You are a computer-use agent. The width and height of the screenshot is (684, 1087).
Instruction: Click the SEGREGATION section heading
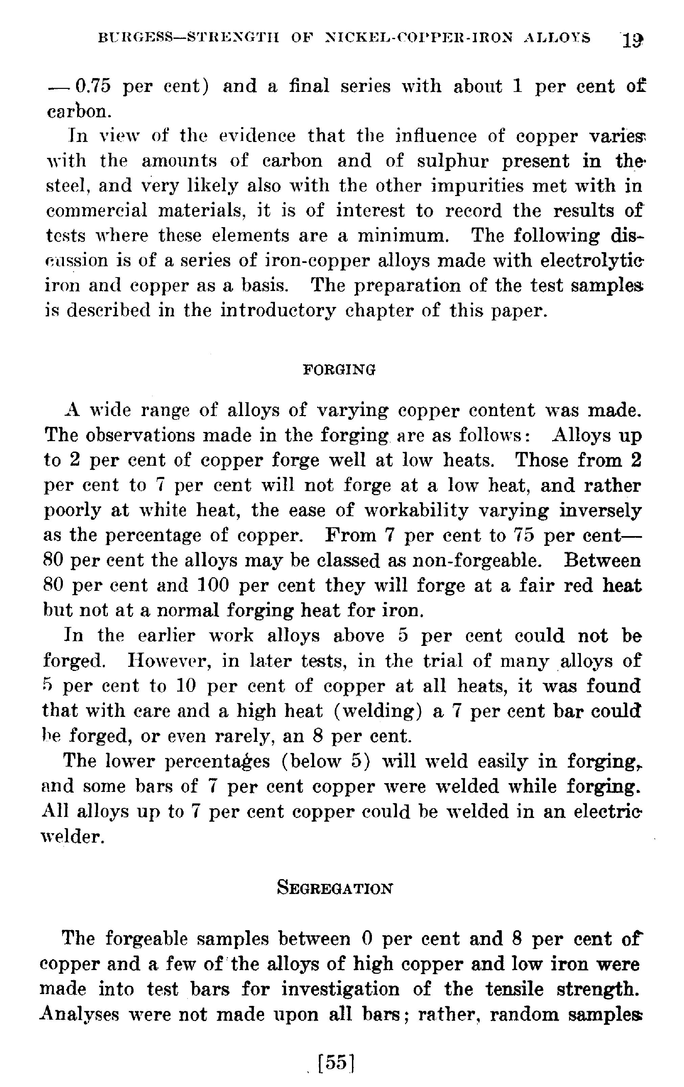pos(334,888)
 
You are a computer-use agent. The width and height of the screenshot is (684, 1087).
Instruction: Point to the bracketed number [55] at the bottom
pos(335,1063)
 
